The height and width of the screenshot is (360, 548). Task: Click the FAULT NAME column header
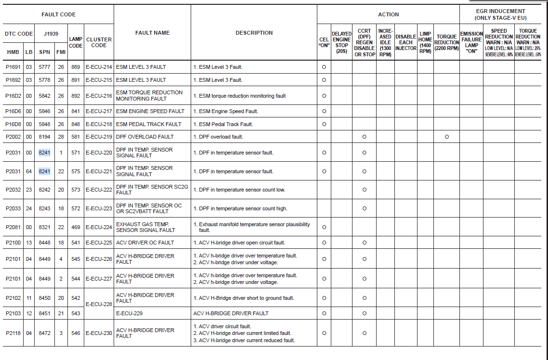point(152,33)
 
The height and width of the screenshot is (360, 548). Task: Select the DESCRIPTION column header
point(254,33)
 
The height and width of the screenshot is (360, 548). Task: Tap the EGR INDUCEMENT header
point(500,14)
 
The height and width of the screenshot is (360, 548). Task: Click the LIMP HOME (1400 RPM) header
point(425,42)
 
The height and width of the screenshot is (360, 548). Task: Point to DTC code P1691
point(13,67)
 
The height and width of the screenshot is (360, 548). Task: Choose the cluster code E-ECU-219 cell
point(99,137)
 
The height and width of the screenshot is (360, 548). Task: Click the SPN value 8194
point(44,137)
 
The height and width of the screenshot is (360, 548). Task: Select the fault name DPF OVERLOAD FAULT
point(144,137)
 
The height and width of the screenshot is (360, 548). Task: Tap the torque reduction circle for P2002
point(446,137)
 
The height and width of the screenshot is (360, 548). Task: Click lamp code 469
point(76,227)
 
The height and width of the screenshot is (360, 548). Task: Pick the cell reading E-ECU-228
point(99,304)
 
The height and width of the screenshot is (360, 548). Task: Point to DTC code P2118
point(13,333)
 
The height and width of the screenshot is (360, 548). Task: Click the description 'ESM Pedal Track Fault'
point(226,124)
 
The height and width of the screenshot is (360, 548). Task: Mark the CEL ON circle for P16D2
point(324,96)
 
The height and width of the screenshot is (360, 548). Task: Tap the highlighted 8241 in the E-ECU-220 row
point(44,153)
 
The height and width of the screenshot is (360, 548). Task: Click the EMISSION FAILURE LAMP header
point(471,42)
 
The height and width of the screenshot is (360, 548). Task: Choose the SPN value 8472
point(44,333)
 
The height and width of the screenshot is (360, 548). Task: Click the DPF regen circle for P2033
point(364,208)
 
